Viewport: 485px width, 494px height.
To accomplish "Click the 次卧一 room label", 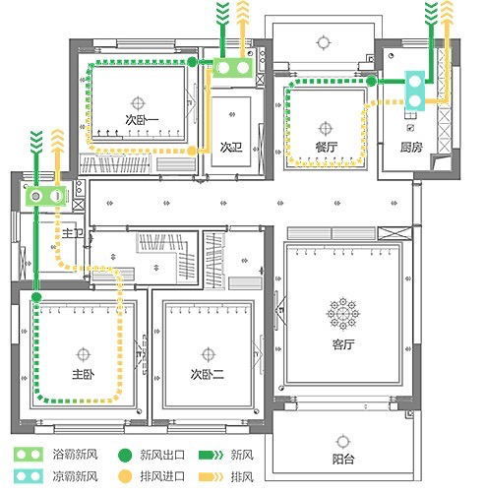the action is tap(142, 119).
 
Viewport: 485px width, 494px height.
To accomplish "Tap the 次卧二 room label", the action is tap(208, 374).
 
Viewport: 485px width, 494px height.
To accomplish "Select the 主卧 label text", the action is tap(84, 374).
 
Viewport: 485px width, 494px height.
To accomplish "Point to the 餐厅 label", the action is tap(327, 147).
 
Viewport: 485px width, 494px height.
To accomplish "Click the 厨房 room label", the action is tap(411, 147).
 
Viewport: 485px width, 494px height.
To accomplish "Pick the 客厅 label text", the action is tap(343, 344).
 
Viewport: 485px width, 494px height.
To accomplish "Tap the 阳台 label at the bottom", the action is tap(343, 459).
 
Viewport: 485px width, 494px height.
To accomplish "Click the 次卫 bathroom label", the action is tap(231, 148).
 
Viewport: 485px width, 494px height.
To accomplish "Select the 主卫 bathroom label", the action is tap(73, 233).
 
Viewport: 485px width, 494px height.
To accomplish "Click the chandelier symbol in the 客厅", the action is tap(343, 314).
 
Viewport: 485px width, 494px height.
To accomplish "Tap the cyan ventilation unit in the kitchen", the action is tap(415, 91).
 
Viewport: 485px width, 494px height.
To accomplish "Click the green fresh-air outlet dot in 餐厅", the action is tap(371, 81).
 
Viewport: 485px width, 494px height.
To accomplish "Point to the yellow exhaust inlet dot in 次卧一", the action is tap(192, 151).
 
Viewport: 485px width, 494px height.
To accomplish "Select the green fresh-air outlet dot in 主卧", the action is tap(36, 297).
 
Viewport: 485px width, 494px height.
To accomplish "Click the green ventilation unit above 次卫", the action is tap(233, 68).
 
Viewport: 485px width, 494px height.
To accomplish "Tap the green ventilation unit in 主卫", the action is tap(46, 196).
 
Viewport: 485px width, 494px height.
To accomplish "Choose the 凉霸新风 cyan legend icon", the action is tap(29, 476).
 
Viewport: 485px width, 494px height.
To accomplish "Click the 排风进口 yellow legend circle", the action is tap(125, 476).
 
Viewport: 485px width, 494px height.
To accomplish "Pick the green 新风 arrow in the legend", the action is tap(212, 455).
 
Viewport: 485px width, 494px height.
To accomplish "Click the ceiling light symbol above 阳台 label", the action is tap(343, 441).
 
